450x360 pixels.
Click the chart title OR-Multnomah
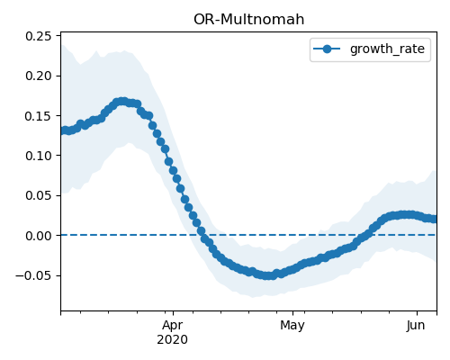[248, 20]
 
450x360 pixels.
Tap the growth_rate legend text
[387, 49]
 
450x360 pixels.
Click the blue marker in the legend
[327, 49]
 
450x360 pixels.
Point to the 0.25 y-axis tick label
[39, 36]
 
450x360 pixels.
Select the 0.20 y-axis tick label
[39, 76]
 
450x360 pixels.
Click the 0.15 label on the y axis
[39, 116]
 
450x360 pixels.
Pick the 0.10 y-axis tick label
[39, 156]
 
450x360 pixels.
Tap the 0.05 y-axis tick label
[39, 195]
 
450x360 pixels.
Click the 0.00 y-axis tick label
[39, 236]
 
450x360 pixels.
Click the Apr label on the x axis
[173, 325]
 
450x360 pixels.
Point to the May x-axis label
[292, 325]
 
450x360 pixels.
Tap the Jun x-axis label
[416, 325]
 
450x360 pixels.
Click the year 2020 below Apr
[173, 339]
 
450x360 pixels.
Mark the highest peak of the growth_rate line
[121, 102]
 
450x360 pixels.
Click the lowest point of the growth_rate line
[269, 275]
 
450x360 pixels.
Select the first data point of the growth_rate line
[63, 130]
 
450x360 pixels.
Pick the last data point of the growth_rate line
[435, 219]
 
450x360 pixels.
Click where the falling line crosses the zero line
[202, 235]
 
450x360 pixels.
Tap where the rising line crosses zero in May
[368, 235]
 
